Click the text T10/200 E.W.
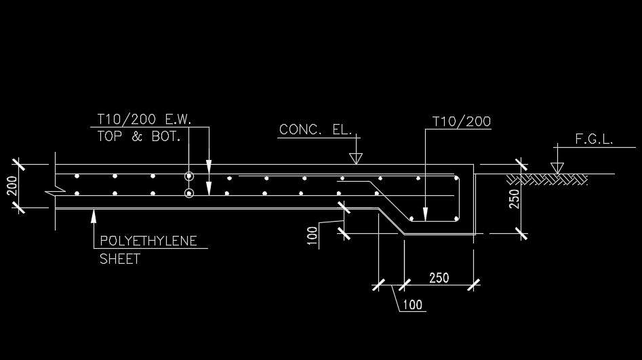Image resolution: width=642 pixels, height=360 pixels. coord(144,119)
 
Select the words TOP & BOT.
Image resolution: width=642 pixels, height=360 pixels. coord(139,136)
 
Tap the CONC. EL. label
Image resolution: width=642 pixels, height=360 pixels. coord(315,129)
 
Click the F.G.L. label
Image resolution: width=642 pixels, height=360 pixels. coord(594,139)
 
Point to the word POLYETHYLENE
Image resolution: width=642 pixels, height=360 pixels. coord(148,241)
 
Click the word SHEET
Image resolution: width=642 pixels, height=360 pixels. coord(120,259)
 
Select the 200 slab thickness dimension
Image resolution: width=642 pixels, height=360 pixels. coord(12,186)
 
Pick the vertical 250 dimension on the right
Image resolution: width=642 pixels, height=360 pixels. coord(515,199)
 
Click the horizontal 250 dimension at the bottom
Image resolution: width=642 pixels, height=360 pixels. coord(439,278)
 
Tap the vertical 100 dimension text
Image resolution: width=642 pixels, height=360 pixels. coord(313,236)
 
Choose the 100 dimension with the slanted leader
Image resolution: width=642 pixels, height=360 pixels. coord(412,304)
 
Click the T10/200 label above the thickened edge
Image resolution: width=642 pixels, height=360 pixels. coord(462,121)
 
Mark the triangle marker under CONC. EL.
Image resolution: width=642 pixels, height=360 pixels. coord(356,159)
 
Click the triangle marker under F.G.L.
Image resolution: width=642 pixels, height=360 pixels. coord(557,168)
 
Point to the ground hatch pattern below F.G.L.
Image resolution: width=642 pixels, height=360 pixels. coord(547,180)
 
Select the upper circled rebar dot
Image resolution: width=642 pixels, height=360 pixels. coord(188,176)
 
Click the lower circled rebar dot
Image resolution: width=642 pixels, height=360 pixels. coord(188,193)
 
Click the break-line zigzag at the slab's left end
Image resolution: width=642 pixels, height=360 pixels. coord(56,190)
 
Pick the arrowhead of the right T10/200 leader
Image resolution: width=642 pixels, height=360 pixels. coord(426,214)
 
